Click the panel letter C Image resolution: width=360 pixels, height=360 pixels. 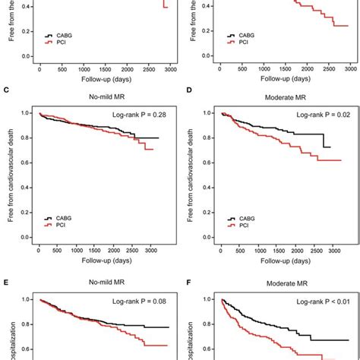[x=6, y=91]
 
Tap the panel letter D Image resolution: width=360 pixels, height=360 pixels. [x=188, y=91]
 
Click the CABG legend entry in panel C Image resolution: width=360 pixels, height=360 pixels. [x=72, y=217]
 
